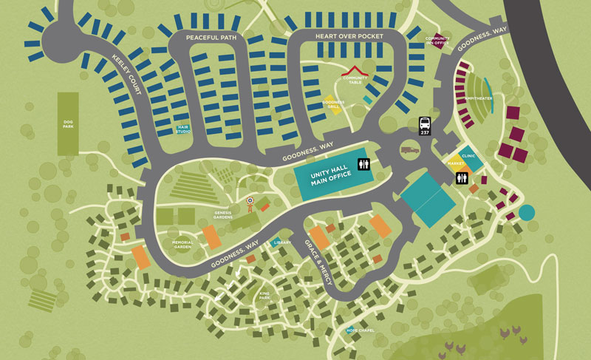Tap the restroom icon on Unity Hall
(362, 165)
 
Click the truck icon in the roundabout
(409, 150)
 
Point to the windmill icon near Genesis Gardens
(250, 200)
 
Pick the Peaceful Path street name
(206, 38)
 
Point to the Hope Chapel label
(361, 330)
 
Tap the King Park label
(265, 297)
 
